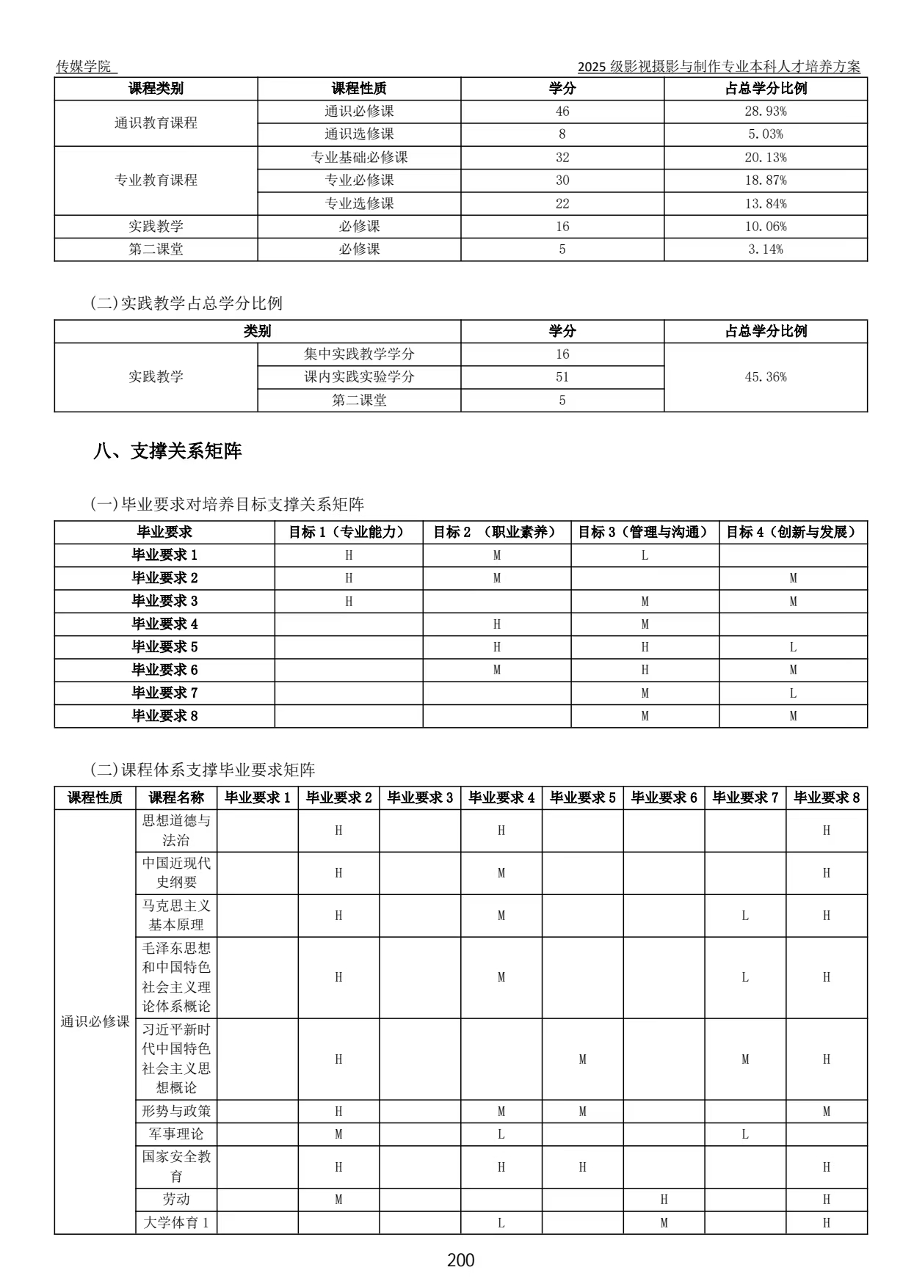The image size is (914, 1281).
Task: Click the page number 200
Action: click(460, 1260)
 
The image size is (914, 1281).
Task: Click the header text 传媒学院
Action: click(84, 66)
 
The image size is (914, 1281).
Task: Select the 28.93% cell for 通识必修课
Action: click(765, 112)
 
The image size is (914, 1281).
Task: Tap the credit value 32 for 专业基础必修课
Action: click(562, 158)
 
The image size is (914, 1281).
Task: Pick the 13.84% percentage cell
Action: click(765, 203)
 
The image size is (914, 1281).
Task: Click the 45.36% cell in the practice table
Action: click(765, 377)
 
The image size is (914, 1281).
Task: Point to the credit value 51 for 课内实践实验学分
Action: click(562, 377)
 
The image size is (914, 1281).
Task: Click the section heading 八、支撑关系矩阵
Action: click(167, 450)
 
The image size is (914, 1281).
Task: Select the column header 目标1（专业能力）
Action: click(348, 532)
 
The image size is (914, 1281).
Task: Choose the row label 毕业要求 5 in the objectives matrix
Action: click(164, 647)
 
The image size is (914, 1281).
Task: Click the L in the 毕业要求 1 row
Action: click(645, 555)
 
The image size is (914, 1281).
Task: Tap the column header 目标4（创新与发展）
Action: click(792, 532)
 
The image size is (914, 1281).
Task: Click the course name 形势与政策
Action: click(176, 1111)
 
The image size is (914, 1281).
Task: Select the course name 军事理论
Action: click(176, 1134)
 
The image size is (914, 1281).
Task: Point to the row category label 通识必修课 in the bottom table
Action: click(95, 1021)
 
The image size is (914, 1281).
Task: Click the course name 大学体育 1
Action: click(176, 1223)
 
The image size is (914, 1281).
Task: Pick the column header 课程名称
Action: click(176, 798)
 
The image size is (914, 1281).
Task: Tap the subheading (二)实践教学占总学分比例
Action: click(186, 303)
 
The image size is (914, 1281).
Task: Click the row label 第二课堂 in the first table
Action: click(156, 249)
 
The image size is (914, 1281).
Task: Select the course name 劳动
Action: click(176, 1200)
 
